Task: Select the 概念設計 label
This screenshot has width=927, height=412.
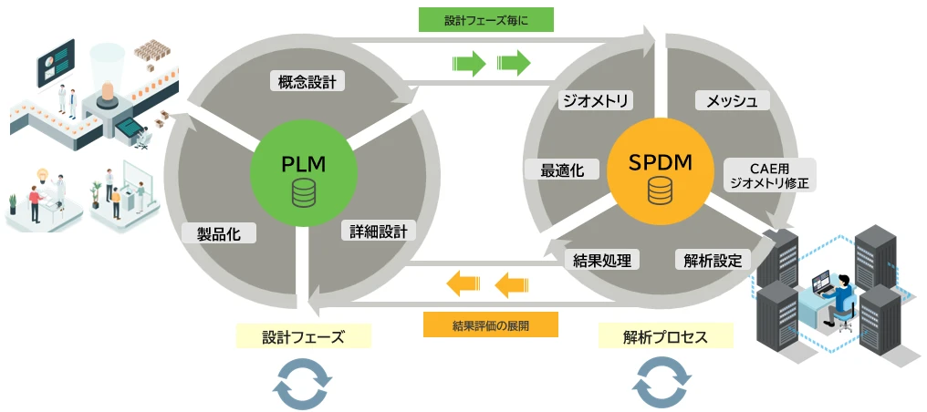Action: [x=307, y=82]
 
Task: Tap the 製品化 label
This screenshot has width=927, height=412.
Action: [x=219, y=232]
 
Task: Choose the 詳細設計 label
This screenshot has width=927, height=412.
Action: [x=378, y=230]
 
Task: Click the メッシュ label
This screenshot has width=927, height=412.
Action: [x=725, y=100]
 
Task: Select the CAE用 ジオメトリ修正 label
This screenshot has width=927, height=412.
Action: [x=769, y=174]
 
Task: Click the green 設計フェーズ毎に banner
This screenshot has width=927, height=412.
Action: [x=486, y=20]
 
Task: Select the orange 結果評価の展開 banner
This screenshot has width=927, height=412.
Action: [x=490, y=324]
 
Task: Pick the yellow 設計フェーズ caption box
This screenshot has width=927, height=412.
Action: [x=303, y=336]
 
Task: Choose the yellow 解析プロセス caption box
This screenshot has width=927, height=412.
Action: [x=665, y=336]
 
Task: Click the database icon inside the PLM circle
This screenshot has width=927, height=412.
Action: [x=303, y=192]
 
